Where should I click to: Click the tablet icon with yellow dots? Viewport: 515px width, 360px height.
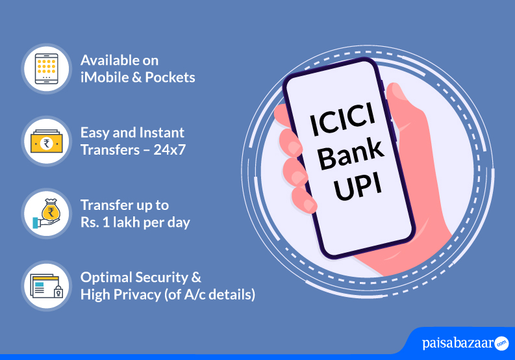coord(46,69)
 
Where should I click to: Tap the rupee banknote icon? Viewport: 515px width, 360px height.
coord(46,142)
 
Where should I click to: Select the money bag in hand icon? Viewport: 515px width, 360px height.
coord(47,213)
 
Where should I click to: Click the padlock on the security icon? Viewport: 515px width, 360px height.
coord(58,292)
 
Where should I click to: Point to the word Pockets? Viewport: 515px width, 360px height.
coord(170,77)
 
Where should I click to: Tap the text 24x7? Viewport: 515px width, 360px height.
coord(170,150)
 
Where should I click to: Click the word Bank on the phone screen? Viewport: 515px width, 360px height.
coord(351,154)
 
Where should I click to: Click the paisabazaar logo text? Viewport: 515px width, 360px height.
coord(458,343)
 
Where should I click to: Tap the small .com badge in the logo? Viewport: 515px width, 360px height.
coord(501,344)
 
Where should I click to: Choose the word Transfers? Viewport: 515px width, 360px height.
coord(110,150)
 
